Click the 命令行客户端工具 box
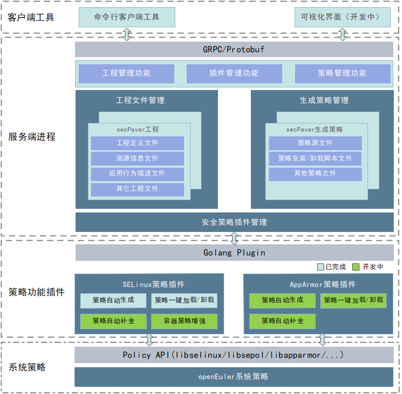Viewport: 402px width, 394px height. [x=127, y=17]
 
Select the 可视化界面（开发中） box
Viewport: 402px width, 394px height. [x=340, y=17]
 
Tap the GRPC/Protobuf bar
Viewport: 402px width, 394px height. [x=234, y=49]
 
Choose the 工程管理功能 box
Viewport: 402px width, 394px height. [x=126, y=74]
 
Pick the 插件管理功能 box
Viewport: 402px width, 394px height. [x=234, y=74]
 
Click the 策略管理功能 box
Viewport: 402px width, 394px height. [x=342, y=74]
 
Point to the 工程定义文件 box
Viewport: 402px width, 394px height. [x=137, y=143]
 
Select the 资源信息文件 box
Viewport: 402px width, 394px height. [x=137, y=158]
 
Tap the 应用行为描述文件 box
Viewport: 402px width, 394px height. [x=137, y=173]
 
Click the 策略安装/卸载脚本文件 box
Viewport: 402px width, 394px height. [x=315, y=158]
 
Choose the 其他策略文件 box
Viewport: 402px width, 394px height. [x=315, y=173]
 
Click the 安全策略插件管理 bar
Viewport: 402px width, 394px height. [x=234, y=222]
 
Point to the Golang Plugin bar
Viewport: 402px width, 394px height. [x=234, y=253]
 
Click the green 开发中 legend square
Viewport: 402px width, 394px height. [x=355, y=267]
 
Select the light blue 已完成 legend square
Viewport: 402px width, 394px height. [x=320, y=267]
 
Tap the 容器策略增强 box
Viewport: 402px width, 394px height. [x=184, y=321]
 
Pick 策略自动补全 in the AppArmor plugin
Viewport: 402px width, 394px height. [x=282, y=321]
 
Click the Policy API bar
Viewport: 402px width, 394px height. [x=234, y=355]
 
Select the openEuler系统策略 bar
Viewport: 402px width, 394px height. [x=234, y=377]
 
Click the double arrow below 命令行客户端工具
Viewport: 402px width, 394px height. [x=127, y=34]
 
